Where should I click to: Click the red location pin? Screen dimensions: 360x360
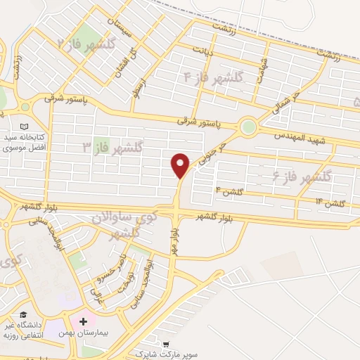point(181,165)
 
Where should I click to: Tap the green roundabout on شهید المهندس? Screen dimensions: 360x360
point(247,127)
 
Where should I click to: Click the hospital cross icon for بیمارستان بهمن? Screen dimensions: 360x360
point(84,321)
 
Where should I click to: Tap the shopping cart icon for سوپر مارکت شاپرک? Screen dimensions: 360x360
point(166,345)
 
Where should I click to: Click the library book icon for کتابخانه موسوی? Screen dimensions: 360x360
point(26,107)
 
